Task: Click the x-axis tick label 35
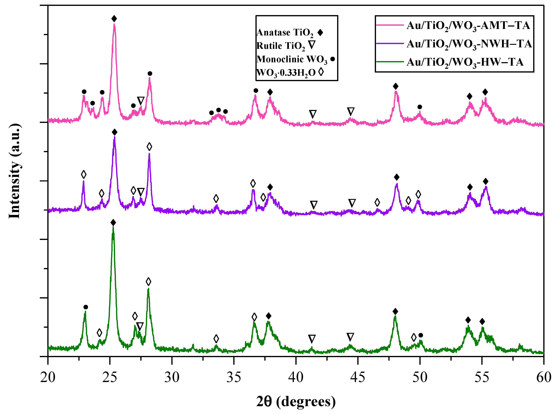click(x=234, y=377)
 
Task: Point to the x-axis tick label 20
click(x=48, y=377)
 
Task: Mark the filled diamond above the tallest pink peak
click(x=114, y=19)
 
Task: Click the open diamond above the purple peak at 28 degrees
click(x=149, y=147)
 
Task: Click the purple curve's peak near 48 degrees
click(x=397, y=185)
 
